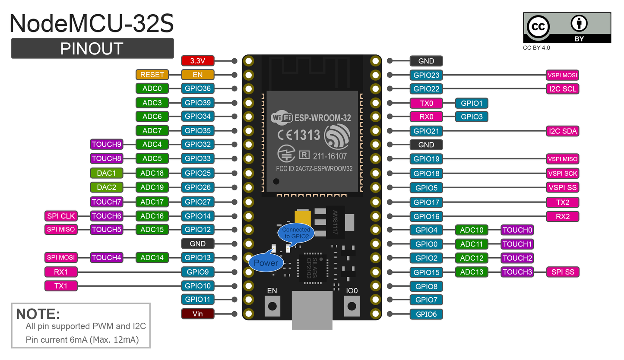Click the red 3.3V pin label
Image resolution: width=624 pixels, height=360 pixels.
pyautogui.click(x=197, y=61)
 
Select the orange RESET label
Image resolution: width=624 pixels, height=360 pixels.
pyautogui.click(x=152, y=75)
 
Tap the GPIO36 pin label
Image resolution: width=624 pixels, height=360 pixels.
pyautogui.click(x=197, y=89)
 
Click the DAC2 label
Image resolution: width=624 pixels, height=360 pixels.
pyautogui.click(x=107, y=187)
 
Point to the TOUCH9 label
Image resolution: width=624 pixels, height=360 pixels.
pyautogui.click(x=107, y=144)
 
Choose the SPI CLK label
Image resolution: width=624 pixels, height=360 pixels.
pyautogui.click(x=61, y=216)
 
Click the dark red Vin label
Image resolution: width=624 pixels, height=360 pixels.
pyautogui.click(x=197, y=314)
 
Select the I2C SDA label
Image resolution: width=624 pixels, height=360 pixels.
pyautogui.click(x=562, y=131)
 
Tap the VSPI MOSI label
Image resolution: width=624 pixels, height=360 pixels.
pyautogui.click(x=562, y=75)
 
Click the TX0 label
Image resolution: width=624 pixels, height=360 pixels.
pyautogui.click(x=426, y=103)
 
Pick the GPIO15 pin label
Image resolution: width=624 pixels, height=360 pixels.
pyautogui.click(x=426, y=272)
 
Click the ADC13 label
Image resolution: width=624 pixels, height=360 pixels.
pyautogui.click(x=472, y=272)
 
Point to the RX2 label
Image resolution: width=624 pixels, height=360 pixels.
pyautogui.click(x=562, y=216)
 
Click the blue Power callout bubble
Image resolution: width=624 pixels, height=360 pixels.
pyautogui.click(x=266, y=262)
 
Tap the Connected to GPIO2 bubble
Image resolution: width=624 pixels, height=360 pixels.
pyautogui.click(x=296, y=233)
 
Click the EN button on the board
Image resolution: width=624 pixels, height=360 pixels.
pyautogui.click(x=272, y=306)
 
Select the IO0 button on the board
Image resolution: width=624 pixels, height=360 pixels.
pyautogui.click(x=352, y=306)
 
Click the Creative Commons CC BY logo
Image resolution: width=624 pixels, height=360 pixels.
pyautogui.click(x=567, y=28)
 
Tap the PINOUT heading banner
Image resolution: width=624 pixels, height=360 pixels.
pyautogui.click(x=92, y=48)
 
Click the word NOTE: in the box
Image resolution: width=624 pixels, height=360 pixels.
pyautogui.click(x=38, y=314)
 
